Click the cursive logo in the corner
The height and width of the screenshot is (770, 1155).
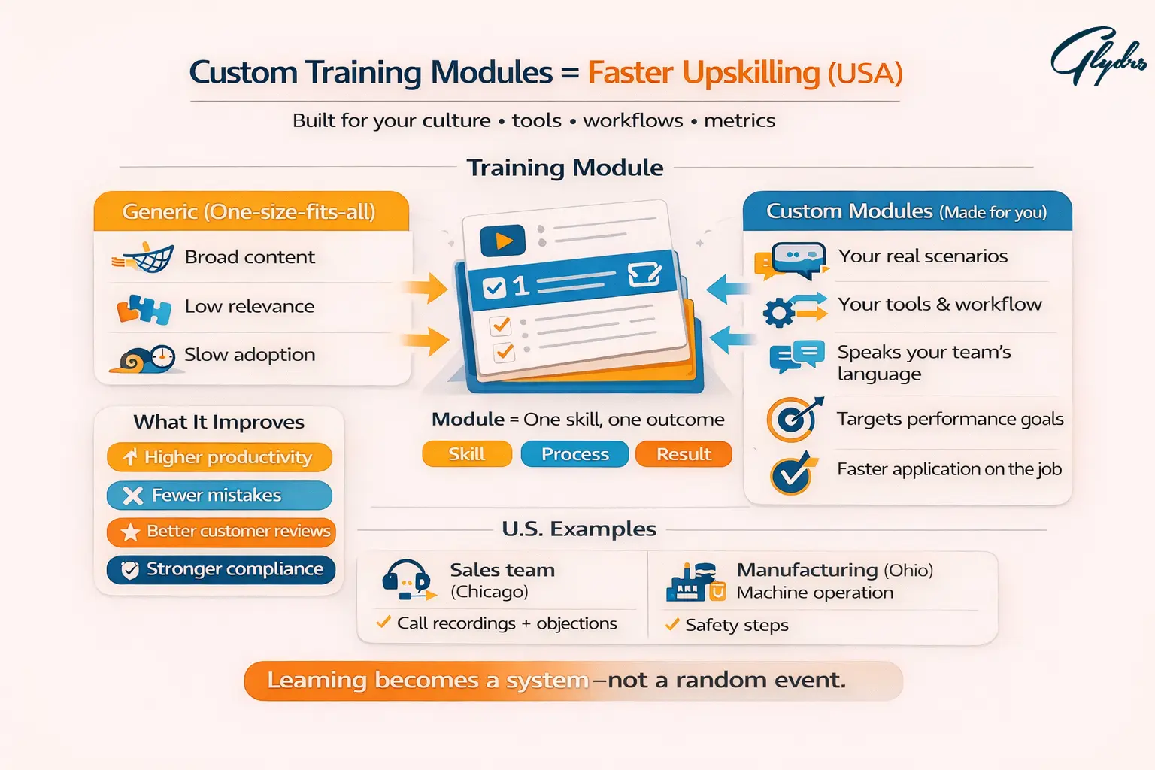coord(1097,57)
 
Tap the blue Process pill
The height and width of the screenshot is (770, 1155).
coord(574,454)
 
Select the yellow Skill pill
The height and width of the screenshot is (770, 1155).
coord(467,454)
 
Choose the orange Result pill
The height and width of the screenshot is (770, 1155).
coord(683,454)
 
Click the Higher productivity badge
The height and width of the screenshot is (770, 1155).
coord(220,457)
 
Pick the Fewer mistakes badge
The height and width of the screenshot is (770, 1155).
coord(220,495)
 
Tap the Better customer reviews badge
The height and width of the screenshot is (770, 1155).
coord(221,532)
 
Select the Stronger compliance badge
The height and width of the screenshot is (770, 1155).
coord(221,569)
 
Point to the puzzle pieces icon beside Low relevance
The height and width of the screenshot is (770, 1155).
coord(144,308)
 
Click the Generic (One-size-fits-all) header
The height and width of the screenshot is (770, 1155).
coord(250,211)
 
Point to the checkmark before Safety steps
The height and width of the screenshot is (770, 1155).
coord(672,624)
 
